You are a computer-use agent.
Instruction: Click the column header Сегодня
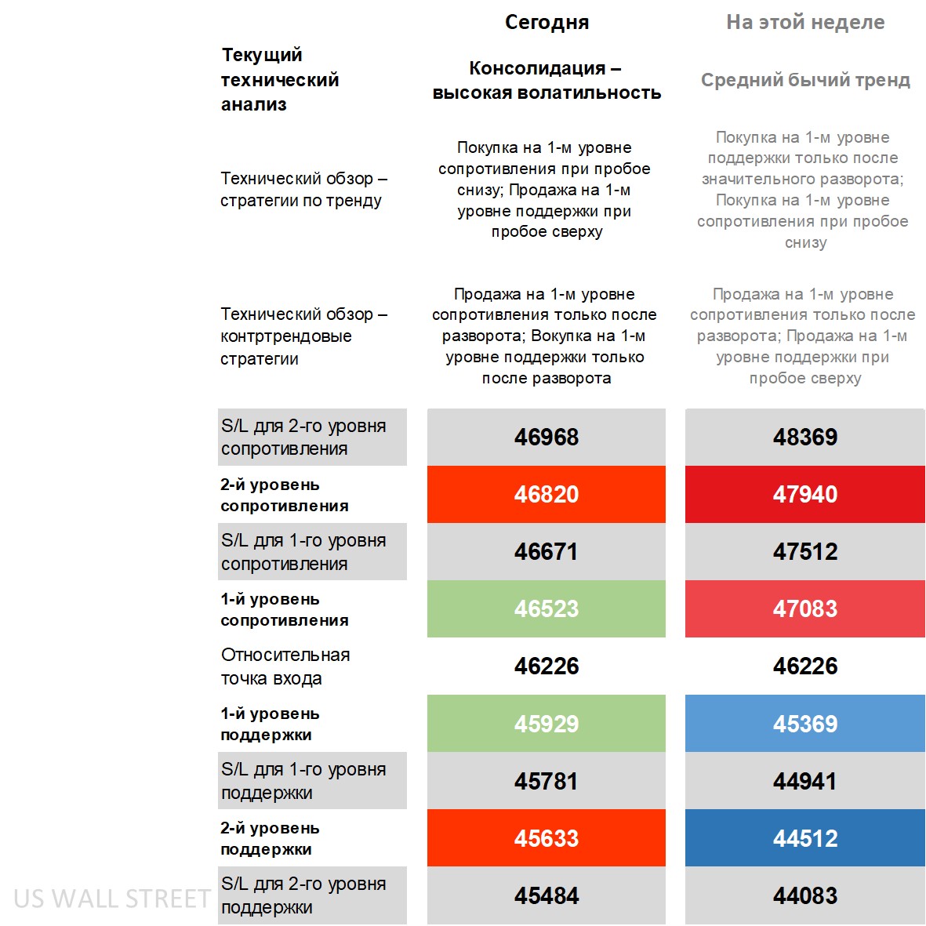point(547,22)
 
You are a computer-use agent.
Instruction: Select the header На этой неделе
point(805,22)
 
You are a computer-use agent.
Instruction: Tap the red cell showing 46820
point(547,494)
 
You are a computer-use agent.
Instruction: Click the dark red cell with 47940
point(805,494)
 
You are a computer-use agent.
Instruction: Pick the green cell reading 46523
point(547,608)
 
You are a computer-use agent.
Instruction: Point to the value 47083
point(805,608)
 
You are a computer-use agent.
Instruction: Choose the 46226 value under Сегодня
point(547,666)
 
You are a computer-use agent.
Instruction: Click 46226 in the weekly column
point(805,666)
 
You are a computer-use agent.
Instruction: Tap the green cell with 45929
point(547,723)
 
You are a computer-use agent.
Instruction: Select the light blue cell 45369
point(805,723)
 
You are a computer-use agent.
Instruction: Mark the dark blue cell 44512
point(805,838)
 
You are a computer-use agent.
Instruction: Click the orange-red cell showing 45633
point(547,838)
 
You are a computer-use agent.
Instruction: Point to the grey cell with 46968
point(547,437)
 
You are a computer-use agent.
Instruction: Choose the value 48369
point(805,437)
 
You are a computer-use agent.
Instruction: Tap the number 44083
point(805,895)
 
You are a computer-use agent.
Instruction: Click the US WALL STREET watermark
point(112,898)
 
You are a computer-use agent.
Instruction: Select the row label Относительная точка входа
point(285,666)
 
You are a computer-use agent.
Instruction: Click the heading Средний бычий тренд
point(805,80)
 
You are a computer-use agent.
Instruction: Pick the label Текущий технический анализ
point(280,79)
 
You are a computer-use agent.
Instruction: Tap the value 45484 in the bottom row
point(547,895)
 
